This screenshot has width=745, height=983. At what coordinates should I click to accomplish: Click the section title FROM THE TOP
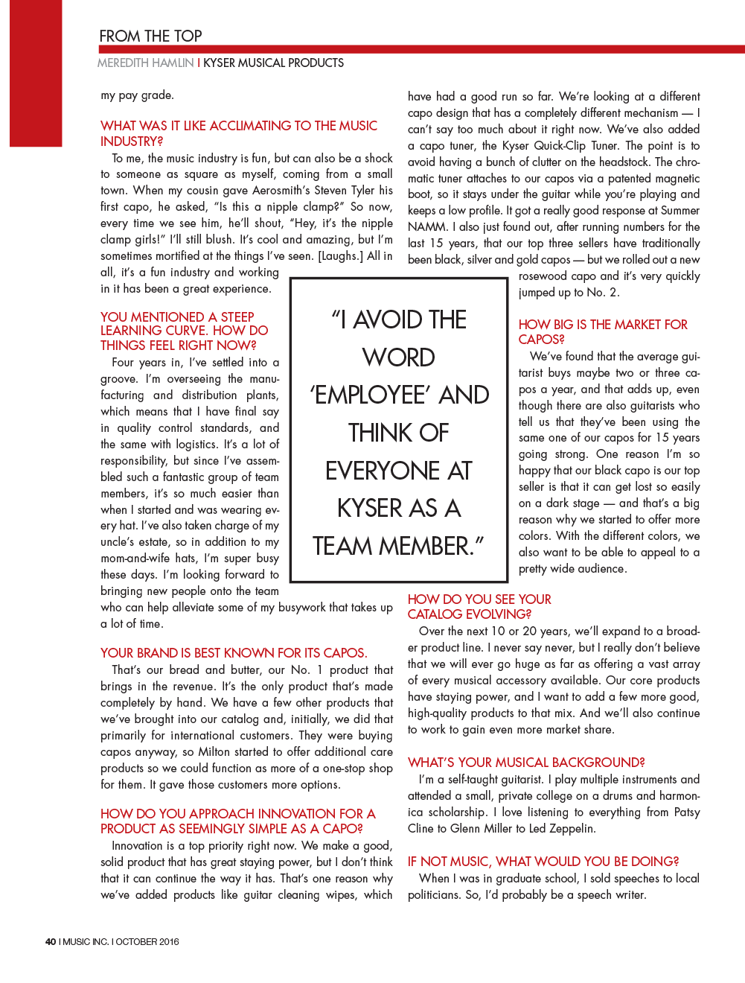point(150,36)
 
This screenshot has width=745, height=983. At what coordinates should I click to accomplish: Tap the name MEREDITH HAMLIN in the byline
point(145,63)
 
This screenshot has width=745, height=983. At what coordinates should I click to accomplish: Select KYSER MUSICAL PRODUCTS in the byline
point(273,63)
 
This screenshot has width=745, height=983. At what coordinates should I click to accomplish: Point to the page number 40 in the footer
point(51,941)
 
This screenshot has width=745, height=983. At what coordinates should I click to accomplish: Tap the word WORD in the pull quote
point(398,357)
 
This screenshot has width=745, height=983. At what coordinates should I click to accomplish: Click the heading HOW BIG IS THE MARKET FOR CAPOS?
point(602,331)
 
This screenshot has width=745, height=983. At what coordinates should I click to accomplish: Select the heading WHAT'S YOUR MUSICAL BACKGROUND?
point(526,762)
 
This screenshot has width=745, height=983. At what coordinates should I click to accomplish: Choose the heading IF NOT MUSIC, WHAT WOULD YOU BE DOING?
point(543,861)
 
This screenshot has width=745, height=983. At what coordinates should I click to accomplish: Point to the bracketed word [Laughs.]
point(340,256)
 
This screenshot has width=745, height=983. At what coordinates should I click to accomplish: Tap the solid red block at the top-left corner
point(35,73)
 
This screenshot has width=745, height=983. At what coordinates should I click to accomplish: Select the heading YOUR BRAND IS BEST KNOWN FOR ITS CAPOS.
point(233,652)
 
